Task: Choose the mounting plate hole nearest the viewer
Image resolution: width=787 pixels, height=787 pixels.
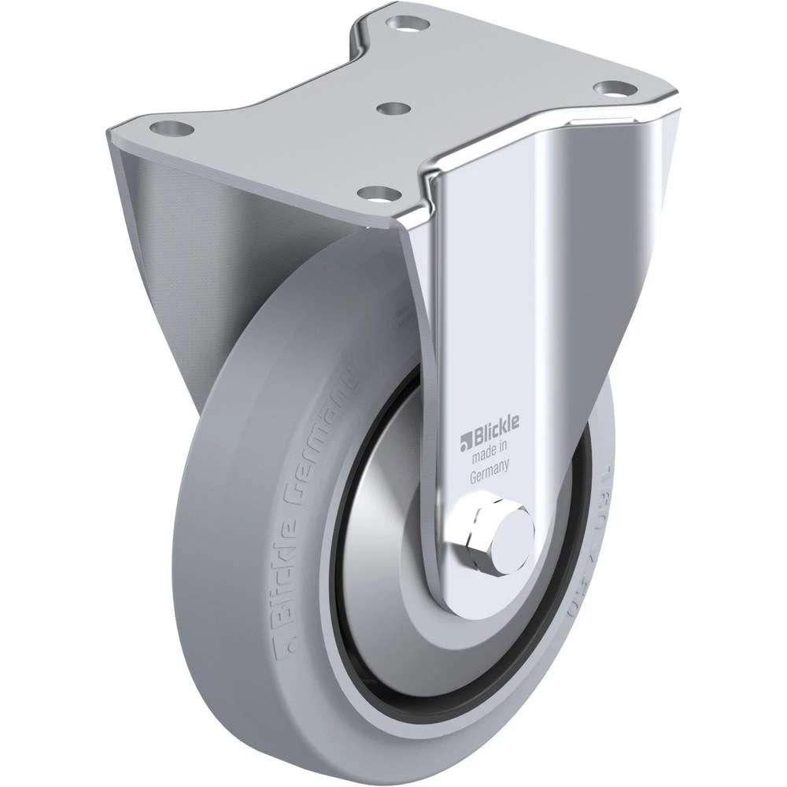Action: [x=374, y=192]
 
